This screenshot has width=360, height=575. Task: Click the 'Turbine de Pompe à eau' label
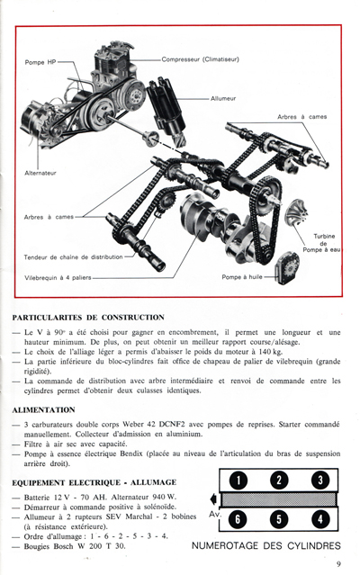(x=323, y=243)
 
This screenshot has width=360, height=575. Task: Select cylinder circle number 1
(x=238, y=481)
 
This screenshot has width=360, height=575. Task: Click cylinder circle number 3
(x=319, y=481)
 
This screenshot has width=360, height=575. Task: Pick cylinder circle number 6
(x=238, y=519)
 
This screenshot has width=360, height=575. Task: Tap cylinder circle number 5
(x=279, y=519)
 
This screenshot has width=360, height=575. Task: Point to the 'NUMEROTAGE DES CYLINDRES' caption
(x=266, y=545)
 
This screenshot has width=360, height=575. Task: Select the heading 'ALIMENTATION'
(x=44, y=409)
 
